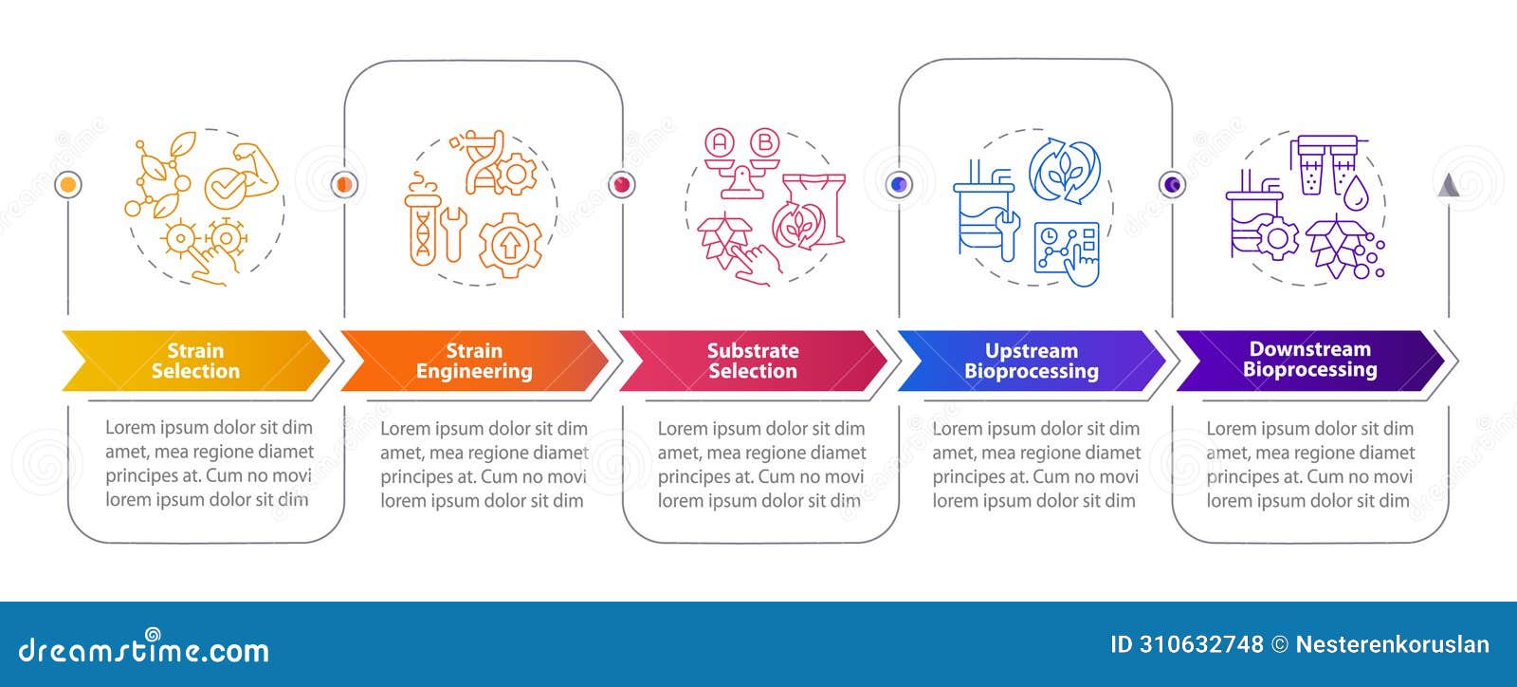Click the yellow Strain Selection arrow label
tap(195, 361)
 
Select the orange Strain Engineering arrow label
tap(474, 361)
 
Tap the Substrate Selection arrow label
tap(753, 361)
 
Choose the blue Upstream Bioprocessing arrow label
tap(1032, 361)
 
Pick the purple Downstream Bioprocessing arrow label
tap(1309, 360)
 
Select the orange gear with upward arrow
tap(510, 245)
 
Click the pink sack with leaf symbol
tap(809, 214)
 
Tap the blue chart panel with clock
tap(1067, 249)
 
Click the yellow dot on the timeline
tap(68, 184)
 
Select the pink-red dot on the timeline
tap(622, 184)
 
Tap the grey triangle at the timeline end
tap(1448, 185)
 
